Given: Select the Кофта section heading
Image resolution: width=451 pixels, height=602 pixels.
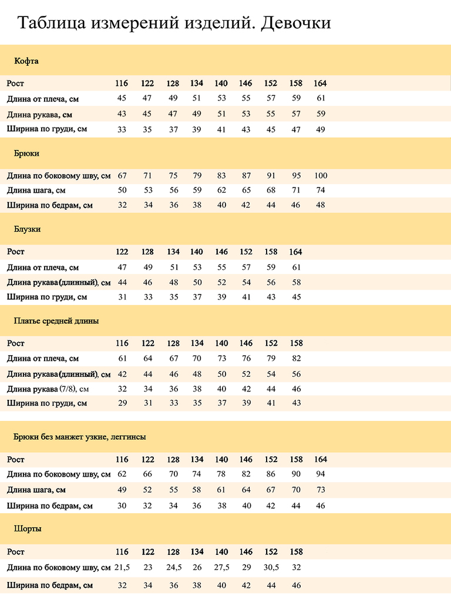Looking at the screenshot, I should (26, 61).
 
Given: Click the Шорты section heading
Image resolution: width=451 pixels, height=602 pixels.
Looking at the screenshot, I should (28, 529).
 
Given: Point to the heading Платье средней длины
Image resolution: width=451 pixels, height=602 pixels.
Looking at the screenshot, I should (56, 322).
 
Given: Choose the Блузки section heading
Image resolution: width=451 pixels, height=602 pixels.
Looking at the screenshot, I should (28, 229).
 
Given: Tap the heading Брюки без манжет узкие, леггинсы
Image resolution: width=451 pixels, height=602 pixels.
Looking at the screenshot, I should (80, 437).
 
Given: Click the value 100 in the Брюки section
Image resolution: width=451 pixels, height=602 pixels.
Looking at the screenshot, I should (320, 176).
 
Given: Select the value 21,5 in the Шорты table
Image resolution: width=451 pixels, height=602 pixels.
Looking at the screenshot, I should (122, 567).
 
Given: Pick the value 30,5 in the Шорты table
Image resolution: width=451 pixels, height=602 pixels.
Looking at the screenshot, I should (271, 567).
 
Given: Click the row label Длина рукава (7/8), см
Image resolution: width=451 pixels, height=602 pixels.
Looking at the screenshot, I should (48, 389).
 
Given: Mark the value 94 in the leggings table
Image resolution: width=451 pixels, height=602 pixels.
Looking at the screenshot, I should (320, 474).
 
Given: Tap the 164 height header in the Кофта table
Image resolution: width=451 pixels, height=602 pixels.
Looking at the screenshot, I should (320, 83).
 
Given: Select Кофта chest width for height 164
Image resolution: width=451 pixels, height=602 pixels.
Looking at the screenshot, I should (320, 129).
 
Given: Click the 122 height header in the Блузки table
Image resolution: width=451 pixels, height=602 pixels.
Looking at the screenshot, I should (122, 252).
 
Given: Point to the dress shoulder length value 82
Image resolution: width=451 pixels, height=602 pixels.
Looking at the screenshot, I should (296, 359).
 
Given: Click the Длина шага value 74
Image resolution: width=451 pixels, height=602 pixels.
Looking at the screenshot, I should (320, 190).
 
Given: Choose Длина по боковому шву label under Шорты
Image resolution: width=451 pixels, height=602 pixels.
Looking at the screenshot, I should (59, 567).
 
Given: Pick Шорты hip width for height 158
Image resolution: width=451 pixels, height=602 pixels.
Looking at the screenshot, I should (296, 586).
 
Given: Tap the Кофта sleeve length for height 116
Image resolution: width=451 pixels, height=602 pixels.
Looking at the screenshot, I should (122, 114).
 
